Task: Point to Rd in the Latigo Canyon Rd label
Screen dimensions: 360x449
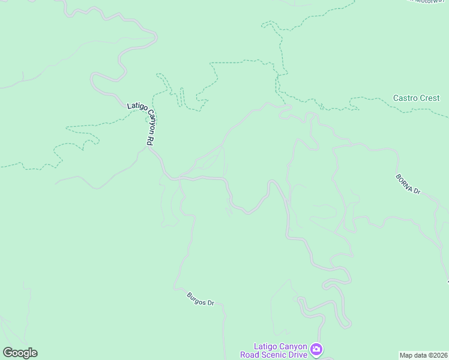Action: (x=149, y=141)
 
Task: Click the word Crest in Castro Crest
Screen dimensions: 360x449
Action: (x=430, y=98)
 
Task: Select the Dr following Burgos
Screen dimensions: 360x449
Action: (x=211, y=304)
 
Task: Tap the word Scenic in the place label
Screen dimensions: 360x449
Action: (x=275, y=355)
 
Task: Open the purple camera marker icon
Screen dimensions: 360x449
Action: (x=316, y=349)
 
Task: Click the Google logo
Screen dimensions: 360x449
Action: (x=20, y=353)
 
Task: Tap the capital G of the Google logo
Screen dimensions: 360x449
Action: (x=7, y=353)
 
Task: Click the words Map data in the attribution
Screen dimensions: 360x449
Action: (x=412, y=355)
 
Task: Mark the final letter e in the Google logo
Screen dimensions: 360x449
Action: (x=34, y=353)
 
